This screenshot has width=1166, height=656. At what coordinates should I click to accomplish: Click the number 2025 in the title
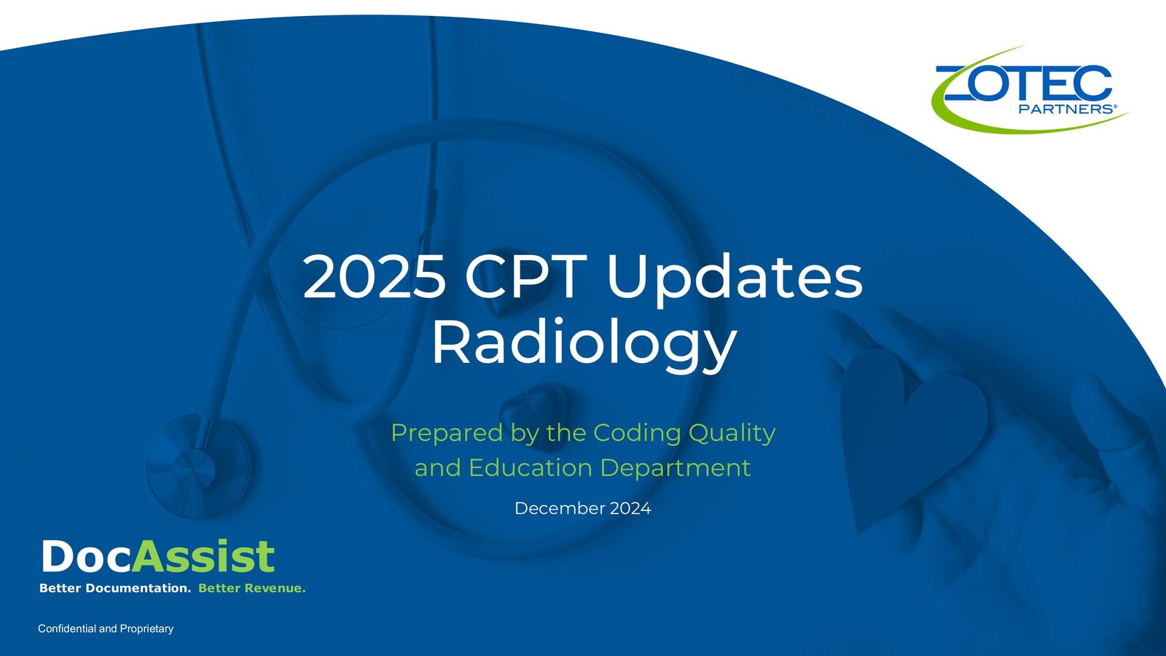coord(374,278)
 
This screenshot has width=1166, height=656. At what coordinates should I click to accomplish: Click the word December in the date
coord(559,508)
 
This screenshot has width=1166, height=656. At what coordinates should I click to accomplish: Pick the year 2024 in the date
coord(630,508)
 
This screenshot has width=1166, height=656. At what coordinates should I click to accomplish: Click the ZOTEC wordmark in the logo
coord(1023,83)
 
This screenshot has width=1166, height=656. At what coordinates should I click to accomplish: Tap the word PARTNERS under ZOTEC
coord(1064,109)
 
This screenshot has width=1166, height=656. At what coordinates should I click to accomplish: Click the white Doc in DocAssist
coord(86,558)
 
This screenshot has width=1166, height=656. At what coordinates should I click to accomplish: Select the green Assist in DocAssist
coord(204,558)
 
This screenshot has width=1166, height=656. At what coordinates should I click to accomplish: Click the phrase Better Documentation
coord(115,588)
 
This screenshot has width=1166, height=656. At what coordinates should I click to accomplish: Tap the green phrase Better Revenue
coord(252,588)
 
